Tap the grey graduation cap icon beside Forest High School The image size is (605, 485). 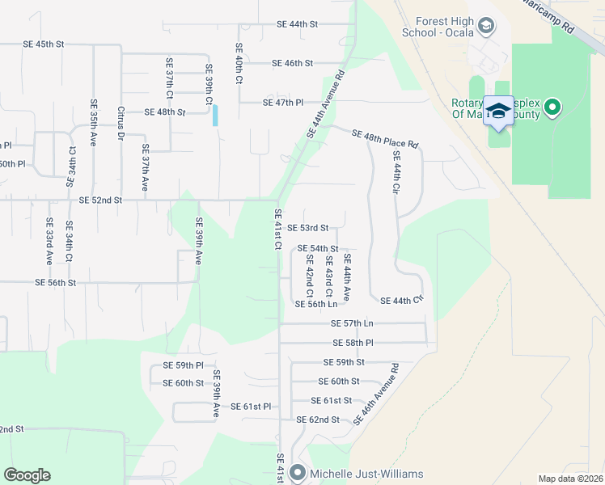485,27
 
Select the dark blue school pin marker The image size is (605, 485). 498,112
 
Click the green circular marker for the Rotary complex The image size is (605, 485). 552,107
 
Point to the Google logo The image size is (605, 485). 27,475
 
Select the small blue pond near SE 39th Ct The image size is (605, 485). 215,115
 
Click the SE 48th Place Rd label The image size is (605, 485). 385,139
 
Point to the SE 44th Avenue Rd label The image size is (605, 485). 326,104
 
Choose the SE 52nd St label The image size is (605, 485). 100,200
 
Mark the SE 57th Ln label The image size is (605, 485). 352,323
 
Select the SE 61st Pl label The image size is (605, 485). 250,407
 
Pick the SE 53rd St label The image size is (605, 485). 308,228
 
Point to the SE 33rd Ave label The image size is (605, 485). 49,242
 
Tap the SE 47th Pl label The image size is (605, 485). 282,103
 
